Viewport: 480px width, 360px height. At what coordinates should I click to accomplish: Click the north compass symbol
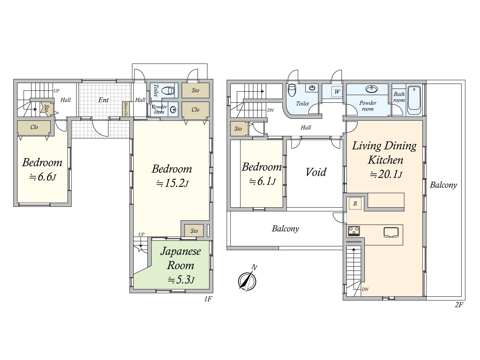pos(247,280)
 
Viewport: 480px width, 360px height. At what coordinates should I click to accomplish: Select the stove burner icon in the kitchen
pos(354,231)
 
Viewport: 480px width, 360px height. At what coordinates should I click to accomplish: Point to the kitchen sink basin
pos(391,232)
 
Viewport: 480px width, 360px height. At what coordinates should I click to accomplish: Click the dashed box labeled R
pos(355,203)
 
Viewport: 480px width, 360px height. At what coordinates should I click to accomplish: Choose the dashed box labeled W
pos(337,91)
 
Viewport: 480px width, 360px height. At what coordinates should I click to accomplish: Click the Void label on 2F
pos(316,172)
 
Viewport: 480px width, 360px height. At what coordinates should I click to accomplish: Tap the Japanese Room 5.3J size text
pos(181,280)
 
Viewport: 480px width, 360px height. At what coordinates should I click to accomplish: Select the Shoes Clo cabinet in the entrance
pos(126,109)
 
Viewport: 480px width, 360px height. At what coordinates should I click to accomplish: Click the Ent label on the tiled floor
pos(103,100)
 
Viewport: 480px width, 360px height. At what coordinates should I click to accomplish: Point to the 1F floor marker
pos(208,299)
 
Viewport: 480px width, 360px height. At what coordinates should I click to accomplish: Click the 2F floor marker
pos(459,305)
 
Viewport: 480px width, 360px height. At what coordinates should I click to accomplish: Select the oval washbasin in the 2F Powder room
pos(371,89)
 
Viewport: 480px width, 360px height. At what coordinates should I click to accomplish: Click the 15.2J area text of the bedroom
pos(172,183)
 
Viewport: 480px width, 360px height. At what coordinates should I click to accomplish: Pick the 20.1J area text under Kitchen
pos(386,174)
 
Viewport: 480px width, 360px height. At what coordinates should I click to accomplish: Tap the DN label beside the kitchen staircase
pos(365,289)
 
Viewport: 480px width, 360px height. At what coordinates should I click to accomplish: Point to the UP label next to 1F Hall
pos(56,91)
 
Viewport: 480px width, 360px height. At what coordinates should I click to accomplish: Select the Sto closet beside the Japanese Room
pos(194,231)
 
